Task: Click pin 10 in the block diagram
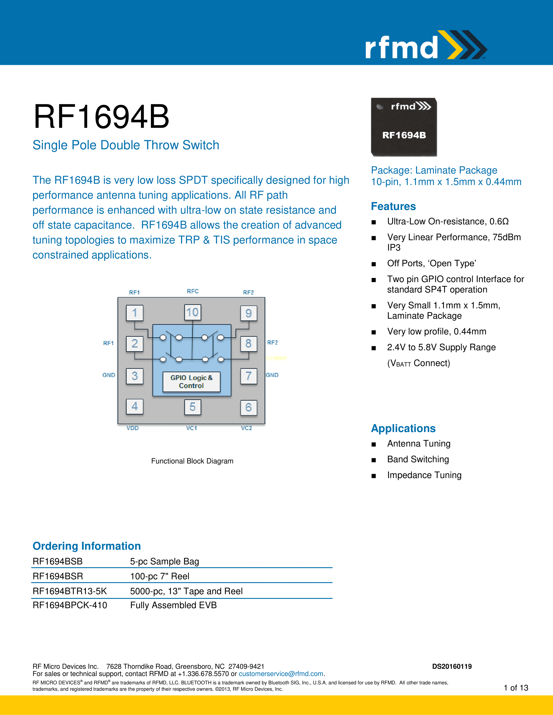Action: (x=192, y=312)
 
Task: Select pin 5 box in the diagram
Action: (x=192, y=407)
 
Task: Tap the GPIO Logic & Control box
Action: (x=191, y=381)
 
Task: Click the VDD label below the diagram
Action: (x=133, y=428)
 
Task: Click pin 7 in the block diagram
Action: (x=248, y=376)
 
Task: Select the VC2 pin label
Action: (x=246, y=428)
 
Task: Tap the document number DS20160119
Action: (x=452, y=666)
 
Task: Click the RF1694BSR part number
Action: (x=58, y=576)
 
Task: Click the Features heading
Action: (x=393, y=206)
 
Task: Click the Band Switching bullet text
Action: (x=418, y=459)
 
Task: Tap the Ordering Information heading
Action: (x=87, y=546)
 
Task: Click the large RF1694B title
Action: (x=101, y=117)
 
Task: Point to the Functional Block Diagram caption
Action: (x=192, y=461)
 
